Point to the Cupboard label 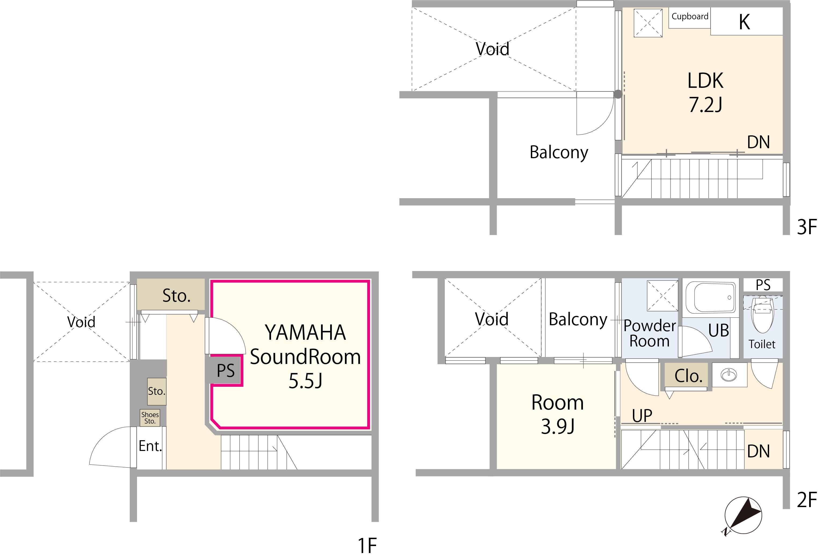coord(690,17)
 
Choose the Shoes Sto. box coord(150,418)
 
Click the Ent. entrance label coord(150,446)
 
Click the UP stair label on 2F coord(642,416)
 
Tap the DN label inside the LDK coord(759,142)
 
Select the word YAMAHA coord(305,333)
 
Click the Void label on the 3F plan coord(492,49)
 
